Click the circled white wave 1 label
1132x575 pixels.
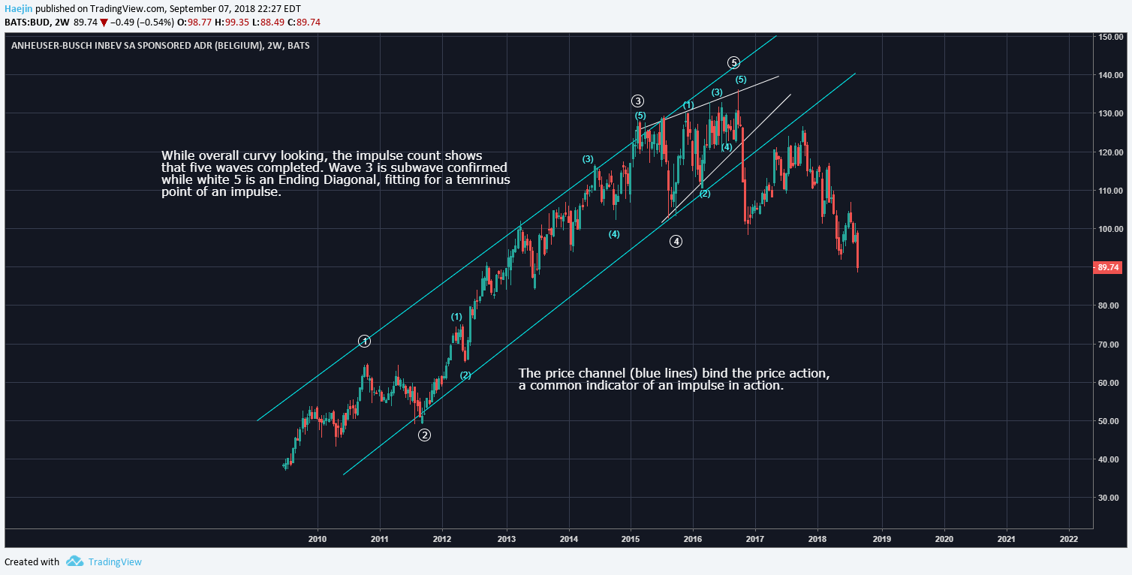[x=364, y=342]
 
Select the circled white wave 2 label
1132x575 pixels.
[x=424, y=435]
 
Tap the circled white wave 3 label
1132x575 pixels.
[x=637, y=101]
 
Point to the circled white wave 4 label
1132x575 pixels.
[x=676, y=242]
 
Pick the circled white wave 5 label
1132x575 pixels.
[x=734, y=62]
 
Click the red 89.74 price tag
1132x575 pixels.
[x=1108, y=267]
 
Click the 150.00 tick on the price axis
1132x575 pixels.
[x=1109, y=37]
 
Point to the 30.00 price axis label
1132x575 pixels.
[x=1109, y=498]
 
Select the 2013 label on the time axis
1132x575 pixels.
[x=507, y=539]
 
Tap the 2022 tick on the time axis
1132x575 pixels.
[x=1068, y=539]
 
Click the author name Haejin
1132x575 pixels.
[x=18, y=8]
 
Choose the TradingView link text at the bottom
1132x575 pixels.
[x=115, y=562]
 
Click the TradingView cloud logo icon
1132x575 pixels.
[x=74, y=561]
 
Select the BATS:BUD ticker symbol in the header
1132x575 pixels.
[x=26, y=22]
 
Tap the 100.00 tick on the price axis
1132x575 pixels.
[x=1109, y=229]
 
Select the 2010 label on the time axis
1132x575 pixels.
[x=318, y=539]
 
